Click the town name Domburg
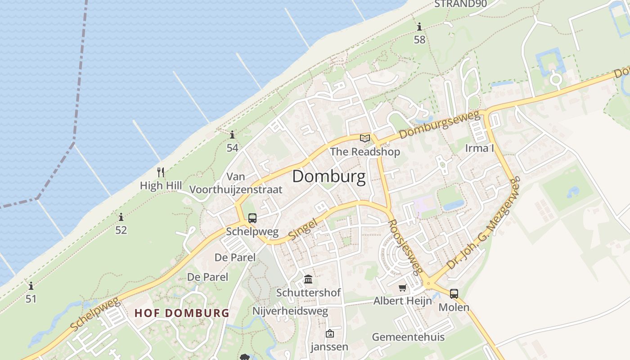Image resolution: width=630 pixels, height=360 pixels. (328, 176)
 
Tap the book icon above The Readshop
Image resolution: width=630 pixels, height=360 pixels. (365, 138)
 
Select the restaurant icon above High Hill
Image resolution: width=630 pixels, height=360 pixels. (161, 172)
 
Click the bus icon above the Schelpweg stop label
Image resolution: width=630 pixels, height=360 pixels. (252, 218)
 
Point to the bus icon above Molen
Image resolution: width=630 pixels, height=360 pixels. (454, 294)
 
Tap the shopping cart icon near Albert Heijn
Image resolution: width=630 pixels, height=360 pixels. (402, 288)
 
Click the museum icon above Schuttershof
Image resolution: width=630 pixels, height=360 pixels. (308, 279)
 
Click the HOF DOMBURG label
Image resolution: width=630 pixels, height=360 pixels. (182, 313)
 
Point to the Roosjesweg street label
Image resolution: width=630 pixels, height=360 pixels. (405, 247)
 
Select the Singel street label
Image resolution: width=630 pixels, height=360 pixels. (303, 229)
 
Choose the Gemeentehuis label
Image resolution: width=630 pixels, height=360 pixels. (408, 337)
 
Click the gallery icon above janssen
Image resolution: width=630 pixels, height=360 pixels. (330, 333)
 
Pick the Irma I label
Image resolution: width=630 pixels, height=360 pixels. (479, 148)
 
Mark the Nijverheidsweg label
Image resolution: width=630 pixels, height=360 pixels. (290, 311)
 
